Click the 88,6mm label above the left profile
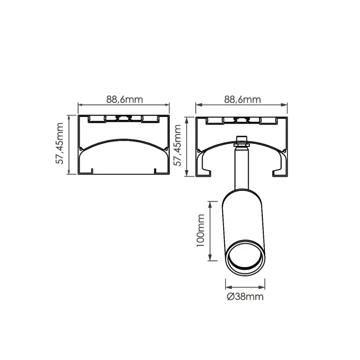click(125, 99)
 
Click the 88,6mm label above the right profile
click(243, 99)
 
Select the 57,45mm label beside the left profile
click(59, 143)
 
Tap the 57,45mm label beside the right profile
click(177, 145)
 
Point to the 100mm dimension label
click(200, 230)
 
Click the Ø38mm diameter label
click(245, 297)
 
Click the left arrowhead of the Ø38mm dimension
click(229, 287)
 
